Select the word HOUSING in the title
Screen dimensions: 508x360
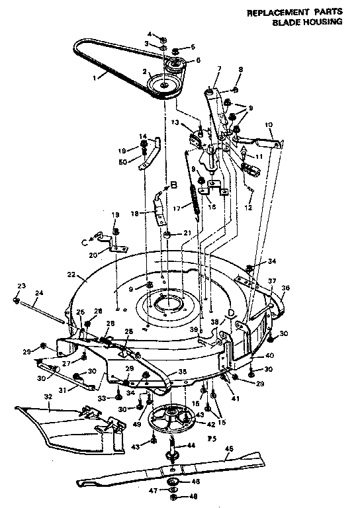coord(322,22)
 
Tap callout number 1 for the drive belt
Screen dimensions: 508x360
coord(95,76)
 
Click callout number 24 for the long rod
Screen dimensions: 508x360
coord(39,292)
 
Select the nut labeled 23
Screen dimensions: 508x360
coord(17,300)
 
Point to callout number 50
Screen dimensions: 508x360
coord(122,162)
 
